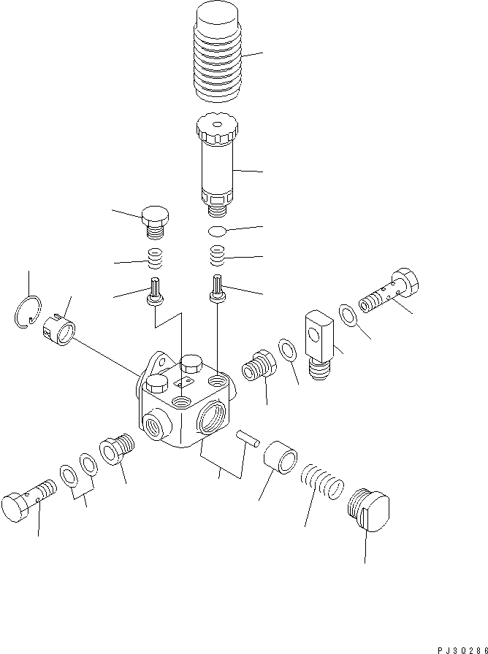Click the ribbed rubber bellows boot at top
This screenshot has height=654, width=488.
(x=218, y=52)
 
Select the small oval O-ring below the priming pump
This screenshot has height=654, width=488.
(x=217, y=231)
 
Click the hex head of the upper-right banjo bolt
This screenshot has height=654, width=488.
(x=405, y=282)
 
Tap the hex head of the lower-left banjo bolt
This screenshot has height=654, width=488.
(x=15, y=507)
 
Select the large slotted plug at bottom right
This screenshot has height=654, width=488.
(x=369, y=509)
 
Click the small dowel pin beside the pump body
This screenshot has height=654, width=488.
(x=248, y=439)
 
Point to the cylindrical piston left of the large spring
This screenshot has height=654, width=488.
(x=281, y=457)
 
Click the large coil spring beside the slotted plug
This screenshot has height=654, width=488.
(x=322, y=482)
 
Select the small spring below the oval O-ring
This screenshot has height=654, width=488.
(x=217, y=255)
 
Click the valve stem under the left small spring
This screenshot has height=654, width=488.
(x=155, y=291)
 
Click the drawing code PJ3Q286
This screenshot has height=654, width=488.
(x=462, y=650)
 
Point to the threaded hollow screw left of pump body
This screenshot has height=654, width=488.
(x=116, y=449)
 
